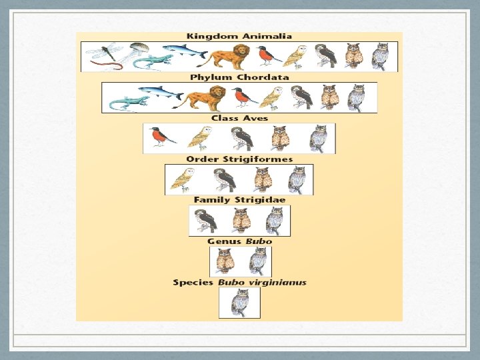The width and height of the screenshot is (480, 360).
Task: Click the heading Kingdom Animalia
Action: (x=239, y=36)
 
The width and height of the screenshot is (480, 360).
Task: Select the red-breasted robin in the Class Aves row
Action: (x=160, y=137)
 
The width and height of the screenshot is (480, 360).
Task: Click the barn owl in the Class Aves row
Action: (x=199, y=138)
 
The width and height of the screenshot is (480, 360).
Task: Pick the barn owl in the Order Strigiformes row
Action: (x=182, y=179)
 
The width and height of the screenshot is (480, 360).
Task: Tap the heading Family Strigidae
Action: (x=239, y=199)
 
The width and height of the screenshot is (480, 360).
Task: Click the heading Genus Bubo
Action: (x=239, y=241)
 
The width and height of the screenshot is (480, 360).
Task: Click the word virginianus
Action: (x=278, y=282)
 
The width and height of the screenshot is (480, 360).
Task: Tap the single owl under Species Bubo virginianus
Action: (x=239, y=302)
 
